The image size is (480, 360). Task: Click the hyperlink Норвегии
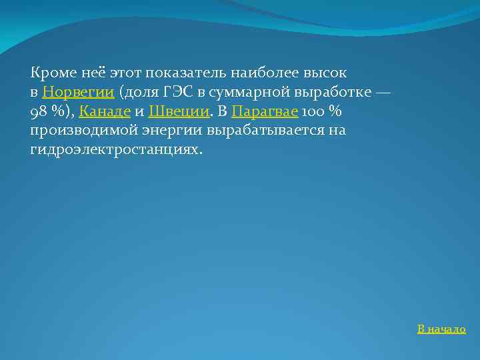pyautogui.click(x=78, y=91)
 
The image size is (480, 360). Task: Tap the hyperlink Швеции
pyautogui.click(x=179, y=111)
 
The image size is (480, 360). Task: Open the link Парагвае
pyautogui.click(x=265, y=111)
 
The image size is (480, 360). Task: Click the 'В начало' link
pyautogui.click(x=441, y=329)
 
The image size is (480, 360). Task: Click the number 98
pyautogui.click(x=38, y=111)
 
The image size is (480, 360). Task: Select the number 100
pyautogui.click(x=313, y=111)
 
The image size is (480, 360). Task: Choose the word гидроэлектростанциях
pyautogui.click(x=115, y=149)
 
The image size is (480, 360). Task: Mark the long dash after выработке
pyautogui.click(x=383, y=91)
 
